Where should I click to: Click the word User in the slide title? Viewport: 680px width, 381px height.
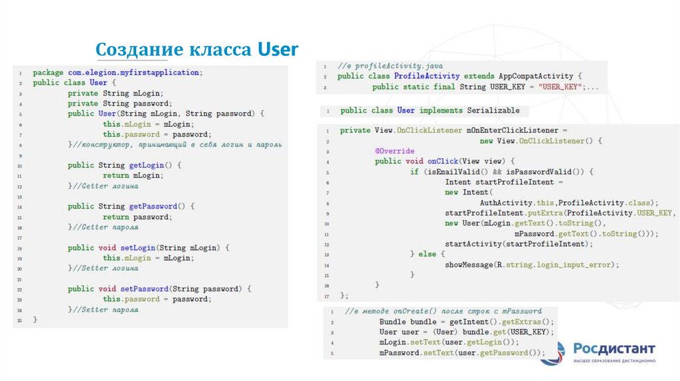[278, 50]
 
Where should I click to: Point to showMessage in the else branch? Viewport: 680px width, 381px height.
[469, 264]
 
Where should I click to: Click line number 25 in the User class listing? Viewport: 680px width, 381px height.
[20, 320]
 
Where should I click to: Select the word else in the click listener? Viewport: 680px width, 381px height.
[428, 254]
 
